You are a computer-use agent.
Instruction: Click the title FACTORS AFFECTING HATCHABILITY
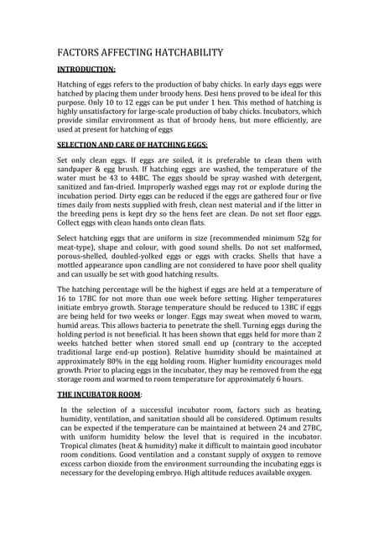[x=140, y=53]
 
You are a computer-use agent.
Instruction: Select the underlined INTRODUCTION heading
[x=86, y=70]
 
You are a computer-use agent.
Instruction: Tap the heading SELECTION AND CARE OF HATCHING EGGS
[x=132, y=145]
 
